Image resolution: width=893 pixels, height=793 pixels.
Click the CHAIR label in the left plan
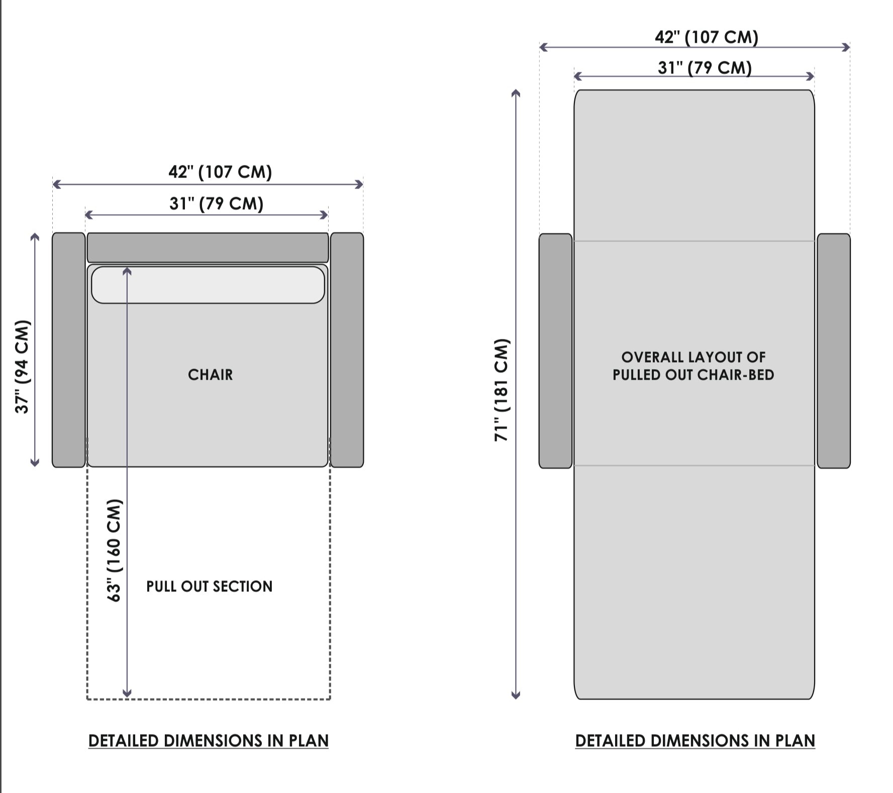coord(210,375)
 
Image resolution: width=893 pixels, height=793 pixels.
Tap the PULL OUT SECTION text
coord(209,586)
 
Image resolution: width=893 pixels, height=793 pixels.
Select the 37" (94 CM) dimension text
coord(23,367)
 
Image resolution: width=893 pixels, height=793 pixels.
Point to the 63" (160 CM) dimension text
coord(115,550)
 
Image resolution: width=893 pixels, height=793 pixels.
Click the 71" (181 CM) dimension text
coord(502,390)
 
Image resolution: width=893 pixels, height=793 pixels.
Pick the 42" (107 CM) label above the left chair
coord(220,172)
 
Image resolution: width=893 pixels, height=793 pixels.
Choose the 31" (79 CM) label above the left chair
coord(216,204)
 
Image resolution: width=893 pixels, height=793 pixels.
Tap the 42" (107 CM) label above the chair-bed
coord(706,37)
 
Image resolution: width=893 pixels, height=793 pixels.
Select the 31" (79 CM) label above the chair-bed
coord(705,67)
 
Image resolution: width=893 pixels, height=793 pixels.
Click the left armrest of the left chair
coord(69,350)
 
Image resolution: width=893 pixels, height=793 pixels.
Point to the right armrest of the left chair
coord(347,350)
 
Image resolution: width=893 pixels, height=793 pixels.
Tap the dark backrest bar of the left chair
coord(208,247)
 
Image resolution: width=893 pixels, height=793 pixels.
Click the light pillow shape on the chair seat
coord(208,285)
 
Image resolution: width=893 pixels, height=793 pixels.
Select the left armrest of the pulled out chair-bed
coord(555,351)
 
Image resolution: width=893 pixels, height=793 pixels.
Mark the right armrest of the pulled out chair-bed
coord(834,351)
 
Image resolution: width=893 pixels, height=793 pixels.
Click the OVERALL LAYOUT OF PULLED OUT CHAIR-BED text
coord(693,366)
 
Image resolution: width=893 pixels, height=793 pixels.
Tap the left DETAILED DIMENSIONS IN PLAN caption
coord(208,741)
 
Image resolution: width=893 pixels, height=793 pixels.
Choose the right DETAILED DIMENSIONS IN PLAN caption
coord(695,741)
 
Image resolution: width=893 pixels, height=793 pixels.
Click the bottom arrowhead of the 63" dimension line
coord(127,693)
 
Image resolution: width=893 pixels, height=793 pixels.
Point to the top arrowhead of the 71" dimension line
coord(516,94)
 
